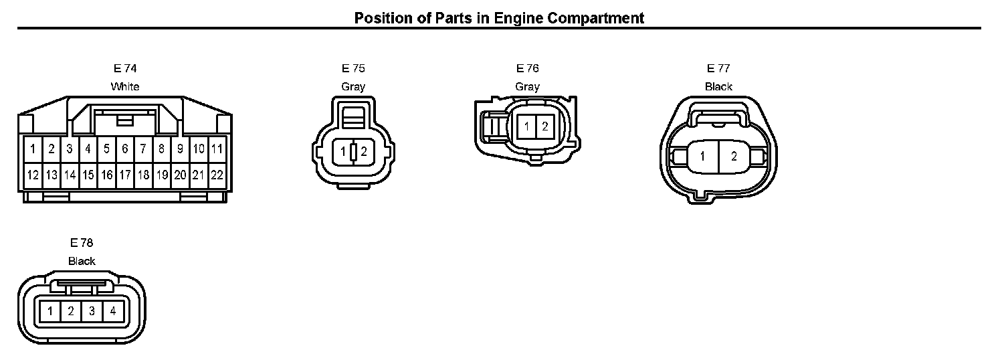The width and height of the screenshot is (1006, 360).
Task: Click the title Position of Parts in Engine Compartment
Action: pos(499,18)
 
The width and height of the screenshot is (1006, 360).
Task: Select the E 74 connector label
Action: pos(125,68)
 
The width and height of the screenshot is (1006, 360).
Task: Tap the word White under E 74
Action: pos(125,86)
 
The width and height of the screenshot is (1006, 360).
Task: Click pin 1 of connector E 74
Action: pos(33,149)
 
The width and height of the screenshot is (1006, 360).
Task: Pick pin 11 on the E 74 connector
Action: pos(217,149)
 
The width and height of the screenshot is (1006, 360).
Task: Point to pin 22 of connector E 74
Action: pos(217,175)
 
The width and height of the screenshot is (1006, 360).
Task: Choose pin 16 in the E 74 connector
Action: pos(106,175)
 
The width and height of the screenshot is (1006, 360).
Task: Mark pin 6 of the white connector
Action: pos(125,149)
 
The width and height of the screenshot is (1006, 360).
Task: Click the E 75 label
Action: pos(353,68)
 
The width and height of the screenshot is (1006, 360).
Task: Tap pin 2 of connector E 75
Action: pos(364,151)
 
